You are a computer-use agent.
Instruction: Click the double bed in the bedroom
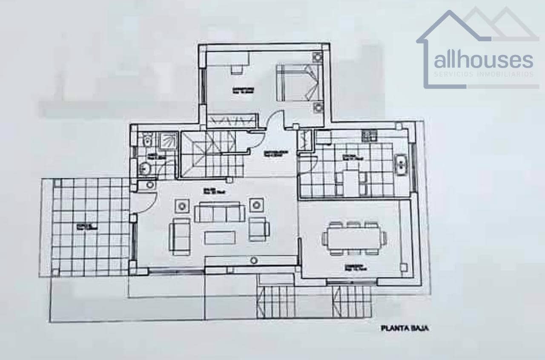pyautogui.click(x=297, y=82)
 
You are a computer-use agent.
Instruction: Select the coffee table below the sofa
pyautogui.click(x=220, y=237)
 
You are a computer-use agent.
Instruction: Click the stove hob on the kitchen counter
pyautogui.click(x=369, y=135)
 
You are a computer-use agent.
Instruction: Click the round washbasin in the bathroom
pyautogui.click(x=145, y=169)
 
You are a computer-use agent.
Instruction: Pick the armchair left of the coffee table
pyautogui.click(x=180, y=236)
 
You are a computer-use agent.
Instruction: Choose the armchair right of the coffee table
pyautogui.click(x=258, y=229)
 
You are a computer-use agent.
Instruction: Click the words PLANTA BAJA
pyautogui.click(x=404, y=328)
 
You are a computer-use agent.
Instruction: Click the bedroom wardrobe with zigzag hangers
pyautogui.click(x=232, y=120)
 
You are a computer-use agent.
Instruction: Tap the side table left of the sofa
pyautogui.click(x=182, y=206)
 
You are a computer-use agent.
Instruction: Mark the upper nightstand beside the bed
pyautogui.click(x=317, y=57)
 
